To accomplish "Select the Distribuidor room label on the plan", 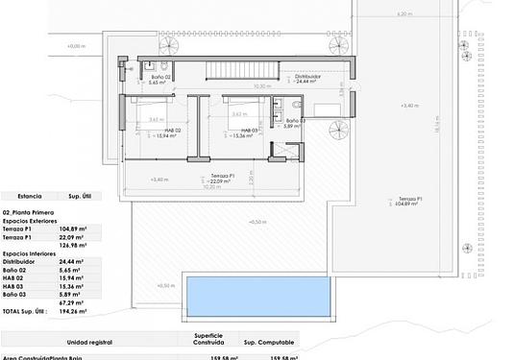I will click(x=306, y=77).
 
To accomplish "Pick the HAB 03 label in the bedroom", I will click(x=251, y=130).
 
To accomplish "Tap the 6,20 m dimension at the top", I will click(x=404, y=14).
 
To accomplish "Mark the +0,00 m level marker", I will click(x=77, y=46).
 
